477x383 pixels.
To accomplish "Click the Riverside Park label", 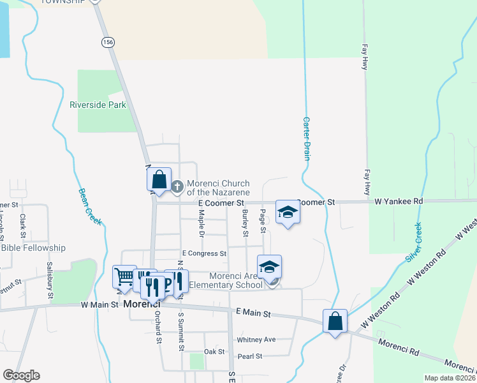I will (x=98, y=105).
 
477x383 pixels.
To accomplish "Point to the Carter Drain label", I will (x=306, y=137).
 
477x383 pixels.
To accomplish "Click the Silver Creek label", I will (x=413, y=242).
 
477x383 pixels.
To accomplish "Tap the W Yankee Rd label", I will (x=399, y=202).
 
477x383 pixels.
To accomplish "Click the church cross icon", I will (x=178, y=187).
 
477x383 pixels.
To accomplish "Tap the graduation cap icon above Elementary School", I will (x=269, y=266).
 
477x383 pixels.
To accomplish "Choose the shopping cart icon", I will (x=124, y=277).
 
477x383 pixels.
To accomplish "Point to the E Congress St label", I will (x=204, y=253).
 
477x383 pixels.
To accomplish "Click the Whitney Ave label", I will (x=256, y=340).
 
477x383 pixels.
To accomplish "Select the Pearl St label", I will (x=249, y=356).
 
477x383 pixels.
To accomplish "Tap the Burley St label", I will (x=245, y=223).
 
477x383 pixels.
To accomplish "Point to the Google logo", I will (x=21, y=375).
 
